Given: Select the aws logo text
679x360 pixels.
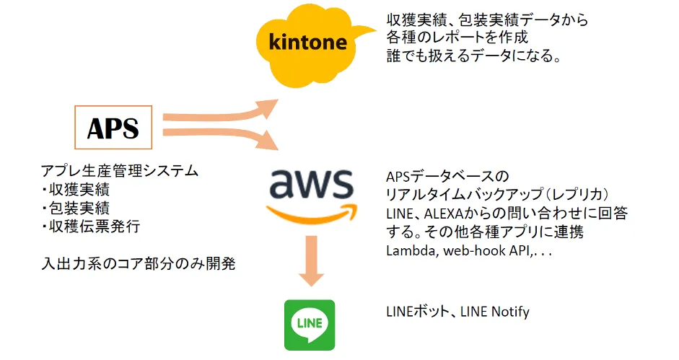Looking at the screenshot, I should coord(311,185).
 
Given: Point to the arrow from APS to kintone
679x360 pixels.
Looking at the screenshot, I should coord(224,113).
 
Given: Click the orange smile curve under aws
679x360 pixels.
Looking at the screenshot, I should coord(312,214).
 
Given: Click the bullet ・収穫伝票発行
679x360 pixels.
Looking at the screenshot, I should coord(90,227).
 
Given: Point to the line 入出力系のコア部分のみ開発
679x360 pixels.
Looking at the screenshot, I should coord(138,264).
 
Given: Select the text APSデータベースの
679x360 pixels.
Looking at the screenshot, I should coord(447,176).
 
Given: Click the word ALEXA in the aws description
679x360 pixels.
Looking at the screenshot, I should coord(445,214).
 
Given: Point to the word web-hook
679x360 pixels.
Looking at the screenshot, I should coord(472,250).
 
